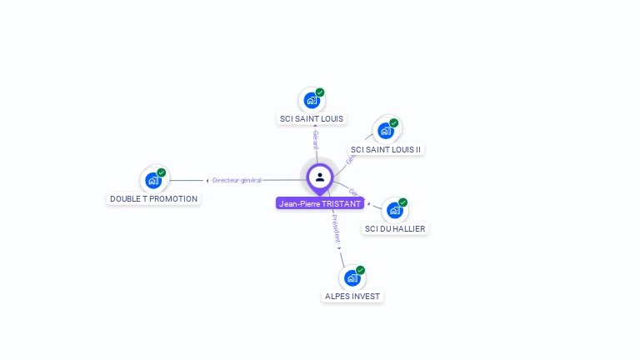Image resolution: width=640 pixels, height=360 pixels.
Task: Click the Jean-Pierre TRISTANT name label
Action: (320, 203)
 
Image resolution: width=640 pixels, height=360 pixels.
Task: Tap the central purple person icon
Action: (320, 177)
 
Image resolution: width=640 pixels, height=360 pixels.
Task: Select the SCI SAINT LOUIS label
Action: (312, 118)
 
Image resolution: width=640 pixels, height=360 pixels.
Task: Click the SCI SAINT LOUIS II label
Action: (386, 149)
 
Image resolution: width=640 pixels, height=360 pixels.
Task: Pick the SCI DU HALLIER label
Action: (396, 228)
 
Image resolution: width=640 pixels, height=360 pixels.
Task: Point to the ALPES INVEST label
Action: (352, 296)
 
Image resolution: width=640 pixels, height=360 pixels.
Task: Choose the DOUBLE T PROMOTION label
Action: (154, 198)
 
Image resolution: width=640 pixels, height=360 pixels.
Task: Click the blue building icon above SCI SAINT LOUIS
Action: (312, 100)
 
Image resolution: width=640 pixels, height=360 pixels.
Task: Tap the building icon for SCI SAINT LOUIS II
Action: (386, 131)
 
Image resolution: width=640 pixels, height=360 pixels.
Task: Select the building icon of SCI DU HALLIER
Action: (395, 210)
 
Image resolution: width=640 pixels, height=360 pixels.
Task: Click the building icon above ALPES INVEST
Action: (352, 277)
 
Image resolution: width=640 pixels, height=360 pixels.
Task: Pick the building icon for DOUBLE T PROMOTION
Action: (153, 180)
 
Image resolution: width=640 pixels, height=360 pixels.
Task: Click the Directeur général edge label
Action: (237, 180)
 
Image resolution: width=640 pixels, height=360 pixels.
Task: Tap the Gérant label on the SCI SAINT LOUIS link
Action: (315, 139)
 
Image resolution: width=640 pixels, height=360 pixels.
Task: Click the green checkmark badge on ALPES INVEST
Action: (361, 270)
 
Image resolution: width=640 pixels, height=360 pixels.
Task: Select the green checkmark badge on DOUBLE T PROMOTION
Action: (162, 172)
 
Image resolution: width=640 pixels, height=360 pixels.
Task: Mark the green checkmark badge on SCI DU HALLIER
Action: (403, 202)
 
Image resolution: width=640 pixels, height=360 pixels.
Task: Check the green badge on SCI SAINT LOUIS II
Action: (394, 123)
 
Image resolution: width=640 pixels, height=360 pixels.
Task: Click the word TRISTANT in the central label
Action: (341, 203)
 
